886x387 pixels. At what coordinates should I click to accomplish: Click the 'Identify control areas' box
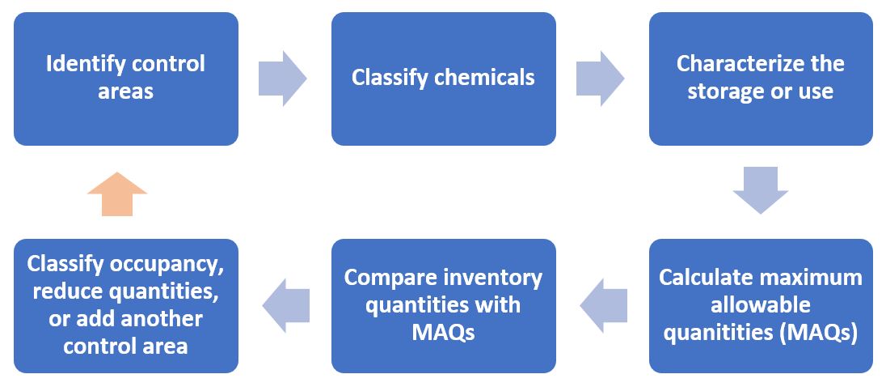point(126,79)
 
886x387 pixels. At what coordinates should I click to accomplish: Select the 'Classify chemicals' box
point(444,79)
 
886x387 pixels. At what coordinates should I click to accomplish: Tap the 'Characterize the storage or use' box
point(761,79)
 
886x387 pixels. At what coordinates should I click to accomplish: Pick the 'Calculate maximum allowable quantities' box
point(761,306)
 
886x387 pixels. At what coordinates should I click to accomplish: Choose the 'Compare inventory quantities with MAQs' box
point(444,306)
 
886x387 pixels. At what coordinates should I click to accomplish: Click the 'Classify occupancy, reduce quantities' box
point(126,306)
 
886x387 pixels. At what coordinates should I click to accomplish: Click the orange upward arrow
point(117,194)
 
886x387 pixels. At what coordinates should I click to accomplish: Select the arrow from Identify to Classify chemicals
point(282,78)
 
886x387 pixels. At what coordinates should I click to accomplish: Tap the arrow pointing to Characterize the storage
point(600,78)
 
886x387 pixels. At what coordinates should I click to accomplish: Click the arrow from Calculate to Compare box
point(604,305)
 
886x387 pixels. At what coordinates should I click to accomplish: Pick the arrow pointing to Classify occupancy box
point(286,305)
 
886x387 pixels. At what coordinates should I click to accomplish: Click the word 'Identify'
point(86,65)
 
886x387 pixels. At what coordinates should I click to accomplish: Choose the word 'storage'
point(719,91)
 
